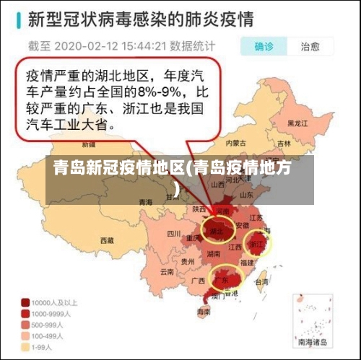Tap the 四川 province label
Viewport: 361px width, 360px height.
click(173, 234)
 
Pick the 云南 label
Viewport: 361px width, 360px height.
click(168, 272)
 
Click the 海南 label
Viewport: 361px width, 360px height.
click(204, 312)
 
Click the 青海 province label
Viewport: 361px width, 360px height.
click(147, 202)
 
